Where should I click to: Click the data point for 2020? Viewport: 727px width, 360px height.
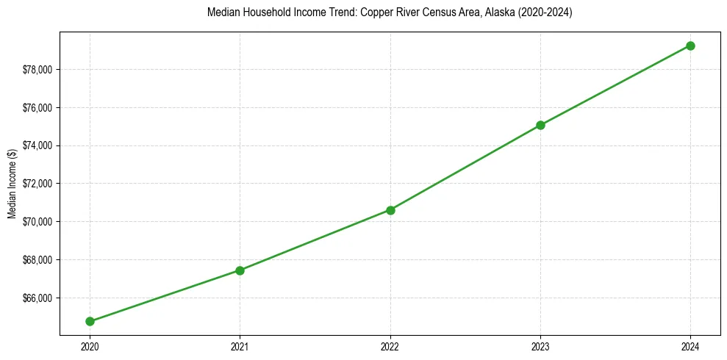(90, 321)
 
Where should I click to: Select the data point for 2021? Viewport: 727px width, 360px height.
(240, 270)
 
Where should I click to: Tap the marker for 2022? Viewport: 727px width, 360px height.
(390, 210)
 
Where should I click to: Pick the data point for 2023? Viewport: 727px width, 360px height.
(540, 125)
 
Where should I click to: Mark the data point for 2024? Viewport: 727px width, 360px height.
(690, 46)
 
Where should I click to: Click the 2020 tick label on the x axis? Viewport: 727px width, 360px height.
(90, 346)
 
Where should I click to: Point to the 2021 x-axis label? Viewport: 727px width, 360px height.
(240, 346)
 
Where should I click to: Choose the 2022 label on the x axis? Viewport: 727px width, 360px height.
(390, 346)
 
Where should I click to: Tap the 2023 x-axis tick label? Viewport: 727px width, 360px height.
(540, 346)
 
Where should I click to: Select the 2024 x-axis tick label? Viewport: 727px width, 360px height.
(690, 346)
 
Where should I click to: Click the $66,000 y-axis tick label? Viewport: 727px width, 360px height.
(38, 298)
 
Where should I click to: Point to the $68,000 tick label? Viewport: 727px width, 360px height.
(38, 260)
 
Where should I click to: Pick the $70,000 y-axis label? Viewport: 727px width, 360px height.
(38, 222)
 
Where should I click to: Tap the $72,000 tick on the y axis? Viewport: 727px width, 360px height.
(38, 184)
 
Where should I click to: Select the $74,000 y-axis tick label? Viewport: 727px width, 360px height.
(38, 145)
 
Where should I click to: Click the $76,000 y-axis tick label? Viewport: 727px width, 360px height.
(38, 108)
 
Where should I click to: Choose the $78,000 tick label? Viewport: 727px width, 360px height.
(38, 70)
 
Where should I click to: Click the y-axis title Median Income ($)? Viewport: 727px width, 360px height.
(12, 184)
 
